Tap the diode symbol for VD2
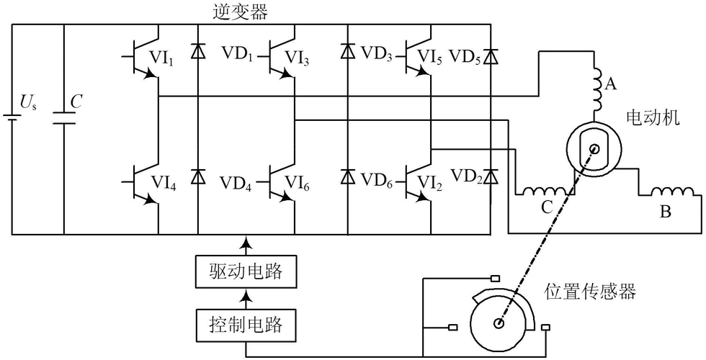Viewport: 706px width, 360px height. click(491, 176)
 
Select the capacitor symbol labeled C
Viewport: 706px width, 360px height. click(64, 115)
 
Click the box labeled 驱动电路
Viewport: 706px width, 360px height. click(246, 273)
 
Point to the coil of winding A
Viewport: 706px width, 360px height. click(597, 86)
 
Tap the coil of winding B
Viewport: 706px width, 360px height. click(672, 193)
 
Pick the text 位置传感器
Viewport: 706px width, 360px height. click(590, 292)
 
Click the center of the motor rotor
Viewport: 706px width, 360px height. click(594, 150)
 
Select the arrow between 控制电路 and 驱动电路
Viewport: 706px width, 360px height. click(246, 296)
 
